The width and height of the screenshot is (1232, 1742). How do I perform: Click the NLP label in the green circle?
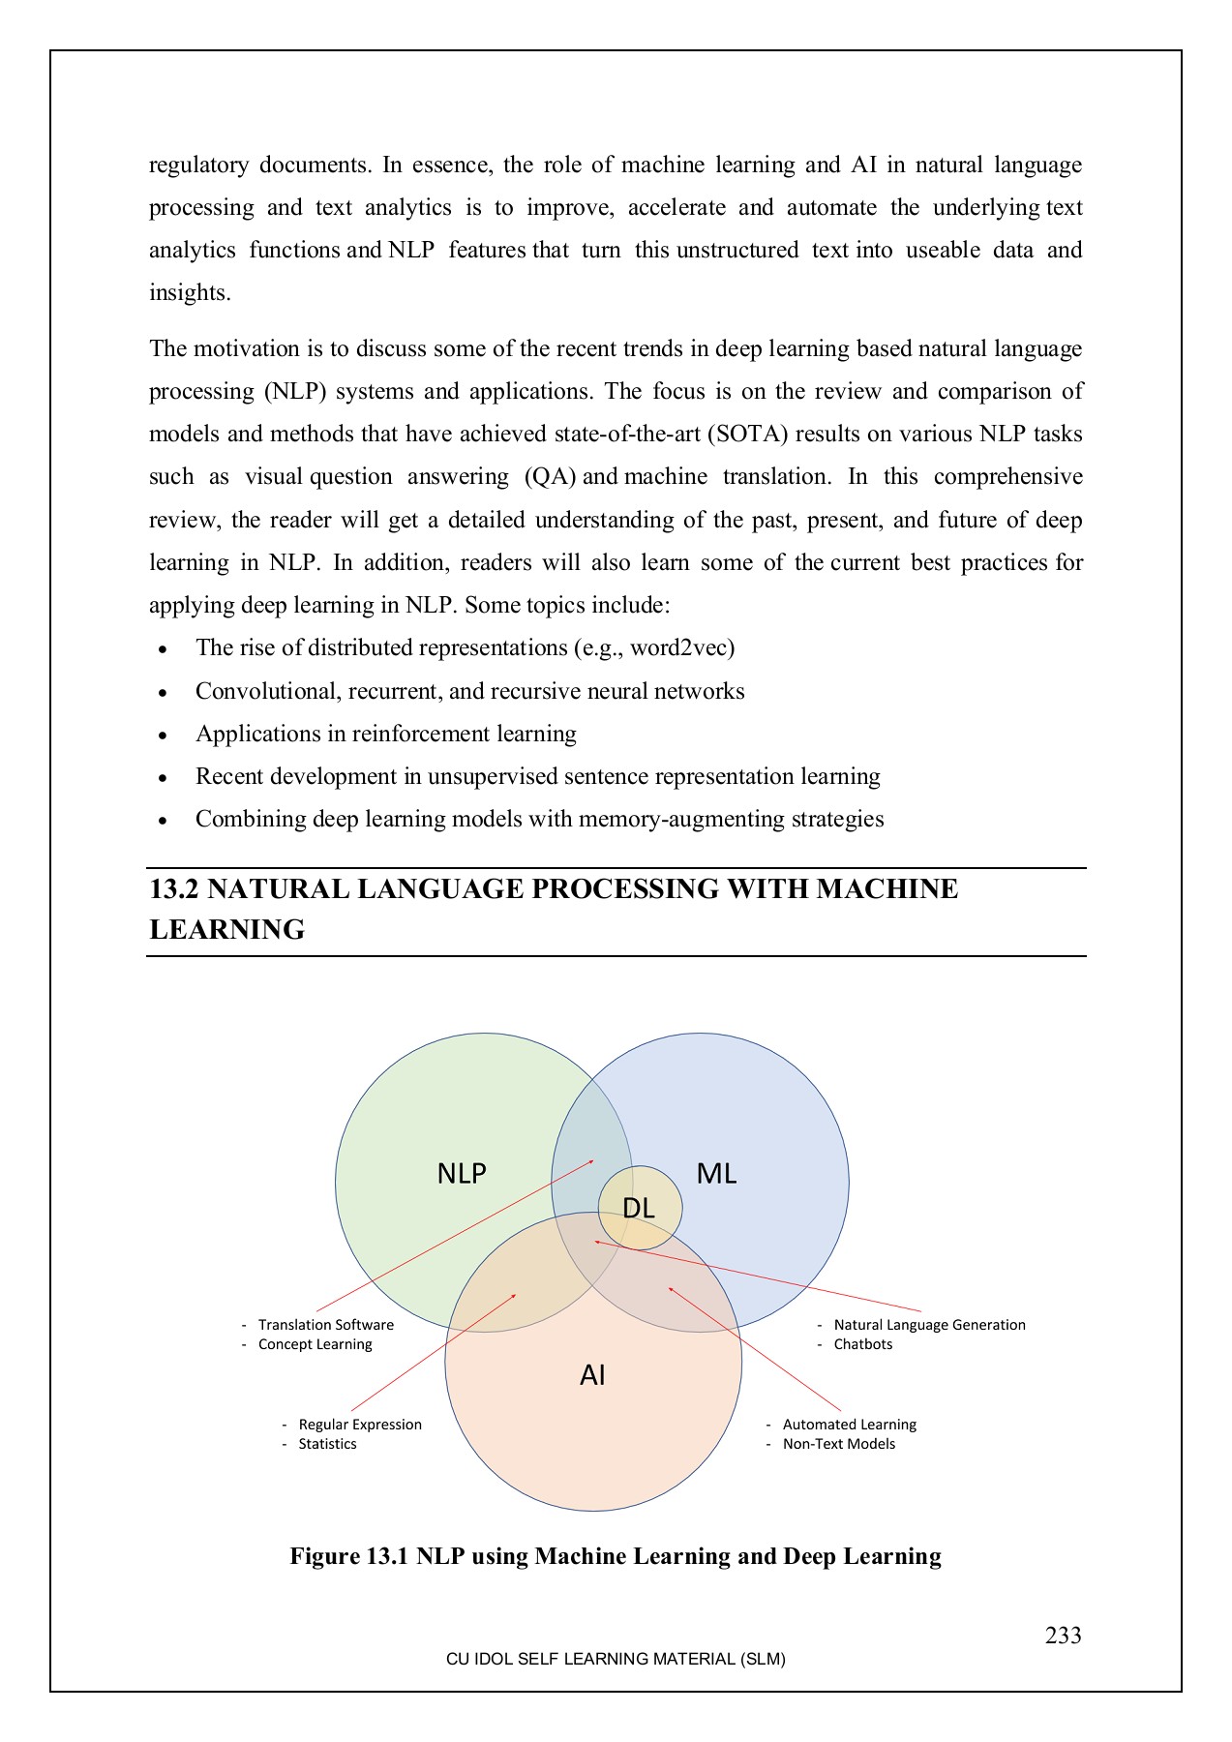[462, 1174]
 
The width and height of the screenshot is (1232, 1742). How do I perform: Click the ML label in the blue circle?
[716, 1174]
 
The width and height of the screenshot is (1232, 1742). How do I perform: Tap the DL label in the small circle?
[639, 1208]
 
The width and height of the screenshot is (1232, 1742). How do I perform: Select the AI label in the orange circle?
[592, 1375]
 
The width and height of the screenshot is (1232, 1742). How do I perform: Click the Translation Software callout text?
[325, 1325]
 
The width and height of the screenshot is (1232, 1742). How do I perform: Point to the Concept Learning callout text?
[315, 1344]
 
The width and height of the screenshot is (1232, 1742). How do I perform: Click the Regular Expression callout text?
[360, 1425]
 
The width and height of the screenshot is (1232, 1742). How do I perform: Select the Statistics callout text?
[327, 1444]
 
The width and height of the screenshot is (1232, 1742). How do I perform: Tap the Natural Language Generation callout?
[929, 1325]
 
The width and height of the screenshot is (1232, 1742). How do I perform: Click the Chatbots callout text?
[862, 1344]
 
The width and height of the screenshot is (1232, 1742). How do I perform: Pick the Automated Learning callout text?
[849, 1425]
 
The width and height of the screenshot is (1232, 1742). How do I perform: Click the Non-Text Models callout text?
[838, 1444]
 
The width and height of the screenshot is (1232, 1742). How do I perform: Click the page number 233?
[1063, 1636]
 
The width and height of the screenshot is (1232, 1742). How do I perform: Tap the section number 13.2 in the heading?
[174, 888]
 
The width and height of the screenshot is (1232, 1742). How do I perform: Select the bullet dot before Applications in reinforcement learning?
[164, 736]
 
